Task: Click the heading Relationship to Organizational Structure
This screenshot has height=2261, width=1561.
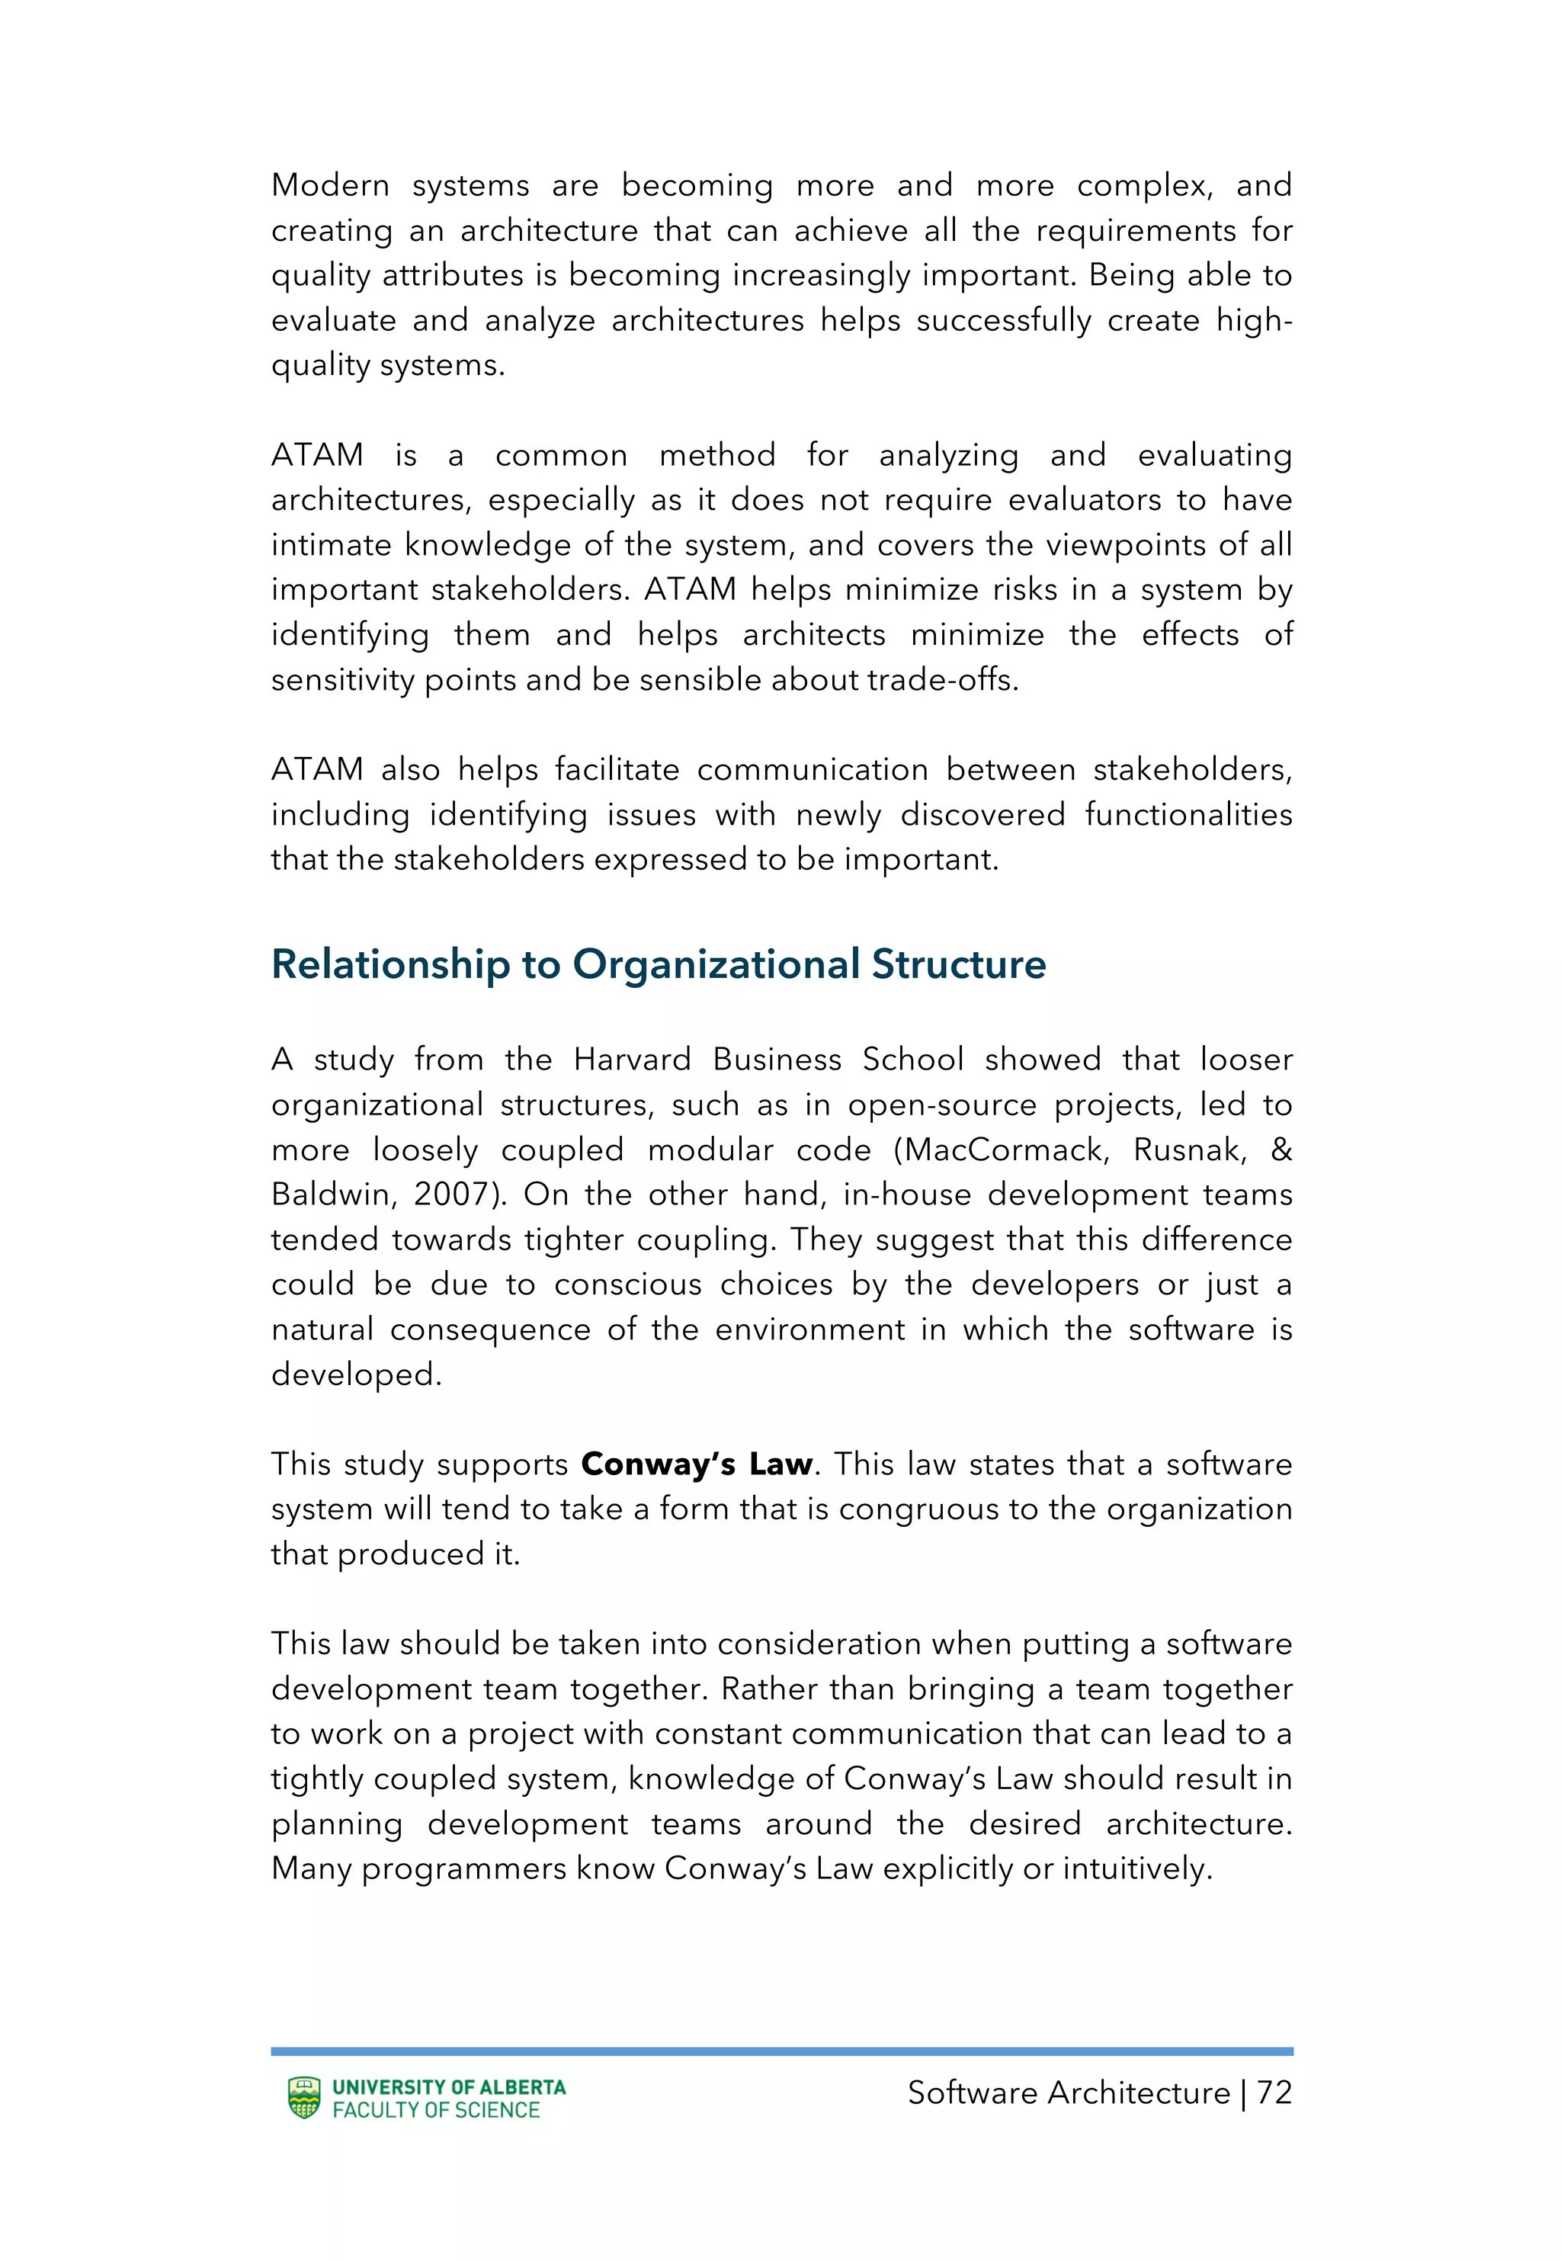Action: click(x=659, y=964)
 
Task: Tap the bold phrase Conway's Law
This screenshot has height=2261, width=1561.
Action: click(x=697, y=1464)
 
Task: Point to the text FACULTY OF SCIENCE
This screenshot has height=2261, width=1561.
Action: click(x=436, y=2110)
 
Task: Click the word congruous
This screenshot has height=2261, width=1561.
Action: click(x=918, y=1509)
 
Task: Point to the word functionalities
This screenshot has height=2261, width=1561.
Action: click(x=1188, y=815)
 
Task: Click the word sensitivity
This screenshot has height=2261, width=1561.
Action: click(x=342, y=680)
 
